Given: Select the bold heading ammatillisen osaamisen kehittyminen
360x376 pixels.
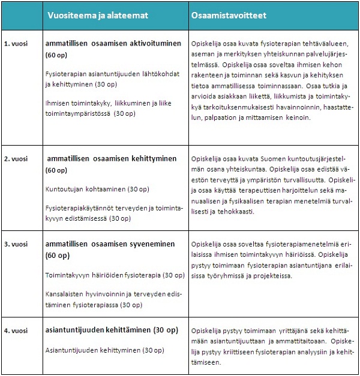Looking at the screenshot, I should (x=112, y=159).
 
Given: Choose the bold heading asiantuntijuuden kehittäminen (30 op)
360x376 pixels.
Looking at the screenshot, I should (x=112, y=330).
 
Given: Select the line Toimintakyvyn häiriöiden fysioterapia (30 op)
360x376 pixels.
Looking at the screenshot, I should (x=115, y=275).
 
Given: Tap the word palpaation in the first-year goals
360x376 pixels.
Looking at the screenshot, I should (x=213, y=118).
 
